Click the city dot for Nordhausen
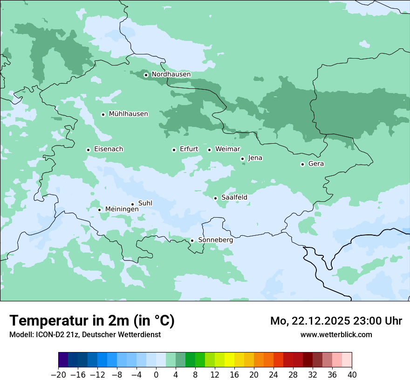pos(146,75)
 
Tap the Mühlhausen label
pos(128,114)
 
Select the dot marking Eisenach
pos(88,150)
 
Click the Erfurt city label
pos(189,149)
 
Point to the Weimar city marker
pos(210,150)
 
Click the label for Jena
pos(255,158)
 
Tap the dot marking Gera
pos(302,164)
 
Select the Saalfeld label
pos(234,198)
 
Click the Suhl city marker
pos(132,204)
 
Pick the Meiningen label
pos(122,209)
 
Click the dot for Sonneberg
pos(192,240)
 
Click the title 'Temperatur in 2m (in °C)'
pos(92,321)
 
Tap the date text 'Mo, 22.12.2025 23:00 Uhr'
pos(336,321)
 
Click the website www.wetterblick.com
pos(336,334)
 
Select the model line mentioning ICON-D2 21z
pos(85,334)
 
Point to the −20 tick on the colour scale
pos(59,375)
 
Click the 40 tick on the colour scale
pos(352,375)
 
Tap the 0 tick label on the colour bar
pos(156,375)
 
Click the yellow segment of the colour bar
pos(229,360)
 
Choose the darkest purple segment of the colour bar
pos(63,360)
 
